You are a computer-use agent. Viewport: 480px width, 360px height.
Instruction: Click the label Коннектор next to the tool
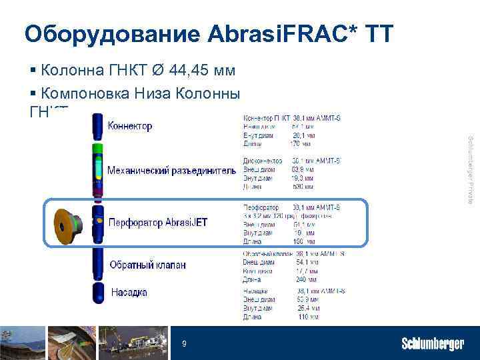click(130, 125)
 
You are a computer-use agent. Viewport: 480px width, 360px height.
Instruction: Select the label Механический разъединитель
click(171, 171)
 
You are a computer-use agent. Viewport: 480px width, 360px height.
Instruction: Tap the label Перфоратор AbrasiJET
click(158, 223)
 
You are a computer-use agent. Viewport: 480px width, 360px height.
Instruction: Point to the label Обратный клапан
click(147, 265)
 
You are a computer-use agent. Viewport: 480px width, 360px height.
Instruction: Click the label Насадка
click(129, 292)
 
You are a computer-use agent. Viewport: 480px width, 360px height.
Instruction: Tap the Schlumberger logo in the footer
click(432, 344)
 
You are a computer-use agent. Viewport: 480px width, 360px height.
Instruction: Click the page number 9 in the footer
click(185, 344)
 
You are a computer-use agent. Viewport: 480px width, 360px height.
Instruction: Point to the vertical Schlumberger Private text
click(470, 169)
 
